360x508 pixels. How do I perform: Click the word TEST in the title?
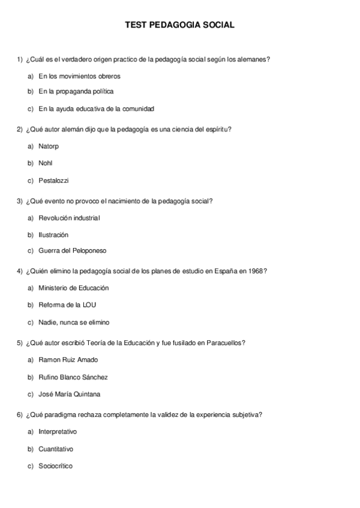135,25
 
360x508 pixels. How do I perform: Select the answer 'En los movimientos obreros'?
79,77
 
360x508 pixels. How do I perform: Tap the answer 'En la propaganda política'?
76,92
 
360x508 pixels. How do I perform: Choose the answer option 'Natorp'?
49,146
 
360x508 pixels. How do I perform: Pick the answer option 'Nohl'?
46,163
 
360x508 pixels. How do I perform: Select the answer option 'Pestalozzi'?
53,180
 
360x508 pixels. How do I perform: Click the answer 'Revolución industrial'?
69,218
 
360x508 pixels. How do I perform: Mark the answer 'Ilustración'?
53,235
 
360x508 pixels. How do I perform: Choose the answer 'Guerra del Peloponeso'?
72,250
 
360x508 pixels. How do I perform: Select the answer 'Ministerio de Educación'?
73,288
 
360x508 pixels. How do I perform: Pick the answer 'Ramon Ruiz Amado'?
68,360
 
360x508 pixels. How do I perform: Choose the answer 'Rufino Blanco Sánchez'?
73,377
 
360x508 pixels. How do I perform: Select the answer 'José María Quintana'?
69,394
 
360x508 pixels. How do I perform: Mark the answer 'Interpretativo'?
58,432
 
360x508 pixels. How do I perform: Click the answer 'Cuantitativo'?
56,449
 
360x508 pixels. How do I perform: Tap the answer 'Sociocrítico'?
55,465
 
